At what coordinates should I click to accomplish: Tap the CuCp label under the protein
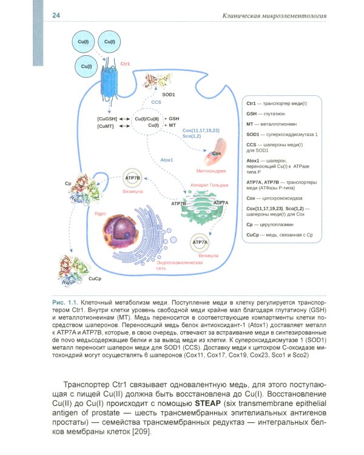pos(95,278)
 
